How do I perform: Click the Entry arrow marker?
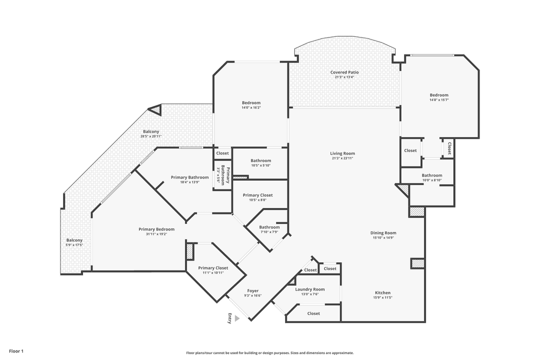pyautogui.click(x=236, y=318)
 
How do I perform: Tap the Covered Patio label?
pyautogui.click(x=344, y=72)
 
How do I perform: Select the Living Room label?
pyautogui.click(x=342, y=153)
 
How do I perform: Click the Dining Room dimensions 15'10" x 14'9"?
pyautogui.click(x=383, y=238)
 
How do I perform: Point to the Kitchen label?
pyautogui.click(x=383, y=293)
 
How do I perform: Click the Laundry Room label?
pyautogui.click(x=310, y=289)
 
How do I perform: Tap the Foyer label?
pyautogui.click(x=253, y=291)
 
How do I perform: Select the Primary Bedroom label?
pyautogui.click(x=156, y=229)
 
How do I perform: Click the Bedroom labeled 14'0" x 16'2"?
pyautogui.click(x=251, y=103)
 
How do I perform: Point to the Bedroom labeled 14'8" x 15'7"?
pyautogui.click(x=439, y=95)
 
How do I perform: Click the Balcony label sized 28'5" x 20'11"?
pyautogui.click(x=151, y=132)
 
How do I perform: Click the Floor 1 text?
pyautogui.click(x=16, y=351)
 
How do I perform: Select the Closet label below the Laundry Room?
pyautogui.click(x=313, y=313)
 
